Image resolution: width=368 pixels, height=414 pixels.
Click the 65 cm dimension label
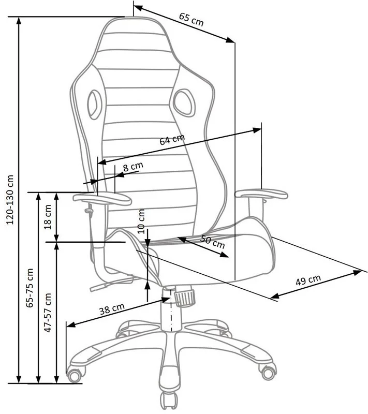[x=192, y=19]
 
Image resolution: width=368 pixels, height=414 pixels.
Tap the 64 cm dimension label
[x=172, y=140]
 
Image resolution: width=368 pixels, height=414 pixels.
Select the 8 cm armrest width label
[x=133, y=167]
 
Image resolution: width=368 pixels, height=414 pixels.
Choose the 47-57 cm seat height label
[x=48, y=314]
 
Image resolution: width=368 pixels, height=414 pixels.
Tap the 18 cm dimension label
[x=48, y=217]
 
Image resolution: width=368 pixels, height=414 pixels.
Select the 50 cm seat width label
[x=212, y=241]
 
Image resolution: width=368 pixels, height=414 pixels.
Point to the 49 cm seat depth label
[x=308, y=280]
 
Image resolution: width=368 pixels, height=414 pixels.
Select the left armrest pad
[x=102, y=198]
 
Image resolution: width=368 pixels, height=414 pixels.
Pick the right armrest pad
[x=261, y=195]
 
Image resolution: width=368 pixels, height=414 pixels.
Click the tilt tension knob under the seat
[x=184, y=297]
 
